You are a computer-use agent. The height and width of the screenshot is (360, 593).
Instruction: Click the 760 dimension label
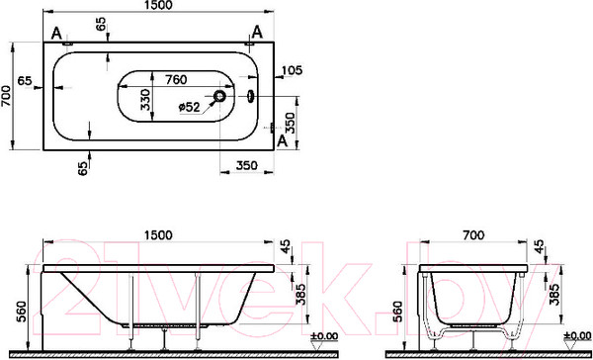[176, 80]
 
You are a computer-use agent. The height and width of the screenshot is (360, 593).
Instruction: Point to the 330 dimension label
[145, 100]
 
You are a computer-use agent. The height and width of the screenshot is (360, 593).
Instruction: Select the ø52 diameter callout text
[189, 107]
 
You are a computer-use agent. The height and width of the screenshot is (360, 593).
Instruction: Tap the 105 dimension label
[293, 69]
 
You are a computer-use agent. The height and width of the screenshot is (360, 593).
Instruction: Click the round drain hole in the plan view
[219, 96]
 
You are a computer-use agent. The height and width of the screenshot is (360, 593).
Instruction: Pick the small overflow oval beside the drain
[250, 96]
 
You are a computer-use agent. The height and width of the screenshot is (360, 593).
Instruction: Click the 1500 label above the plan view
[158, 5]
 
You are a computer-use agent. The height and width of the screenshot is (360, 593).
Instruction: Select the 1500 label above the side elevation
[158, 235]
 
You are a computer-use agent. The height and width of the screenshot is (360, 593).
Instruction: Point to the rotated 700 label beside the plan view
[6, 96]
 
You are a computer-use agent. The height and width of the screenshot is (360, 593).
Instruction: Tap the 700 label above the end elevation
[473, 235]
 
